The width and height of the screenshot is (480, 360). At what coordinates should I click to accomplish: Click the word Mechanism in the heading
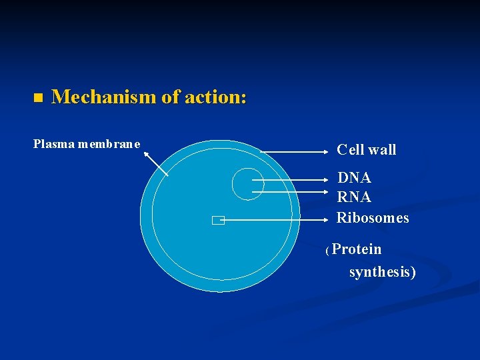pyautogui.click(x=103, y=97)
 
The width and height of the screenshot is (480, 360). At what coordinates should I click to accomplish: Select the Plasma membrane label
pyautogui.click(x=87, y=144)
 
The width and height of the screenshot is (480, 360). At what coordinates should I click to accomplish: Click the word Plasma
pyautogui.click(x=54, y=144)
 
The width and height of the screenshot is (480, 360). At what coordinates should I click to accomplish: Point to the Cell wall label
pyautogui.click(x=366, y=150)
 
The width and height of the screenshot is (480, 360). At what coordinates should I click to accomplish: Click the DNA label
pyautogui.click(x=354, y=178)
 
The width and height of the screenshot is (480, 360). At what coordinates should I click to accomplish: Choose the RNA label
pyautogui.click(x=354, y=197)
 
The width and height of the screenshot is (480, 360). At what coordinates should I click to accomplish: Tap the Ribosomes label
pyautogui.click(x=373, y=218)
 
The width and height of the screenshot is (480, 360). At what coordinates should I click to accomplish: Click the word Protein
pyautogui.click(x=357, y=249)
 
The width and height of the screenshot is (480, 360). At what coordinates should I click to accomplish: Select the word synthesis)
pyautogui.click(x=382, y=272)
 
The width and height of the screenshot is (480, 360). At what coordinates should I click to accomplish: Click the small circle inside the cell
pyautogui.click(x=247, y=183)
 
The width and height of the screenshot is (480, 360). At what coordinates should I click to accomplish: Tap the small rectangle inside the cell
pyautogui.click(x=217, y=221)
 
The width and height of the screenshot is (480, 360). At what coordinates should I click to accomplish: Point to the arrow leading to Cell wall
pyautogui.click(x=297, y=153)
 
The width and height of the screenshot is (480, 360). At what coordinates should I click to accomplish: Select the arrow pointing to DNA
pyautogui.click(x=293, y=180)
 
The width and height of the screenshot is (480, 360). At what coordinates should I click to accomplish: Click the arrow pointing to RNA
pyautogui.click(x=293, y=192)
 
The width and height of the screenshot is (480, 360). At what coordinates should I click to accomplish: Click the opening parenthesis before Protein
pyautogui.click(x=327, y=251)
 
